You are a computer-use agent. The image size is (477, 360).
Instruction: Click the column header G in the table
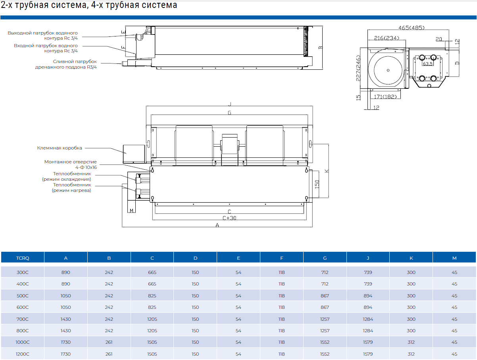click(325, 258)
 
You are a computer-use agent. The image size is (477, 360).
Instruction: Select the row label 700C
click(23, 319)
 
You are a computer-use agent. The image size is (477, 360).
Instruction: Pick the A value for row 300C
click(66, 272)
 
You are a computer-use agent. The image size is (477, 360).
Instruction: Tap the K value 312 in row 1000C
click(411, 342)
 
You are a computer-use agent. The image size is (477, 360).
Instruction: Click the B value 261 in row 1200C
click(109, 354)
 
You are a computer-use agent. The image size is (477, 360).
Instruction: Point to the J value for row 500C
click(368, 296)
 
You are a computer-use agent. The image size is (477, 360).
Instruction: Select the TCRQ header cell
click(23, 258)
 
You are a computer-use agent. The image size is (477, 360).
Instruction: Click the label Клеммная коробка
click(60, 148)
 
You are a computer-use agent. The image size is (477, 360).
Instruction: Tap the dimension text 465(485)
click(412, 28)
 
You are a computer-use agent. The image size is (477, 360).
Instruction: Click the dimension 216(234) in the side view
click(384, 38)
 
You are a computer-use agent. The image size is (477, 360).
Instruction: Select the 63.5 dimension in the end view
click(427, 63)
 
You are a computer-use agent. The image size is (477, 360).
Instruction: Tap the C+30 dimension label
click(229, 218)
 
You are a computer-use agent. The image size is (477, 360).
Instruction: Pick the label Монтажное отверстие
click(70, 162)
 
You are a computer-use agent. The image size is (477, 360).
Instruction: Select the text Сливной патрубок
click(75, 61)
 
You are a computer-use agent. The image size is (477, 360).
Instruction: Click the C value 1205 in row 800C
click(152, 331)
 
